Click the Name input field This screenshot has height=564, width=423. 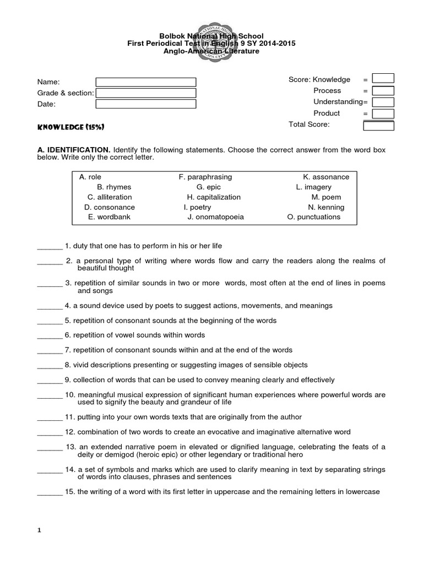coord(145,82)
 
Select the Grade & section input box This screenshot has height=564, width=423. coord(145,93)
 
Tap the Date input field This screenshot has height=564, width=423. coord(145,104)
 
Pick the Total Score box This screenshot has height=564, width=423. coord(378,126)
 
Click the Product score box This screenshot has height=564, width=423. coord(383,113)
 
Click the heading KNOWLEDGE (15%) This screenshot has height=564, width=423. coord(71,127)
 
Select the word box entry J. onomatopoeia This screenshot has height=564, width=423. coord(215,217)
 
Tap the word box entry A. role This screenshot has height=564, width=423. coord(90,177)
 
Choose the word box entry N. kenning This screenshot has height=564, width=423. coord(326,207)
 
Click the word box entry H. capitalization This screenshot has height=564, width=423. coord(214,197)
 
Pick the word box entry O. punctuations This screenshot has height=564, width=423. coord(314,217)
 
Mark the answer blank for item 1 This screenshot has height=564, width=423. coord(50,246)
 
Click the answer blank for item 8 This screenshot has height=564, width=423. coord(50,365)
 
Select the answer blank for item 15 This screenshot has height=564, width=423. coord(50,492)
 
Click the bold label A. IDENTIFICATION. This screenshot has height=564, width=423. coord(74,150)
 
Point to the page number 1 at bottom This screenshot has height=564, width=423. coord(39,530)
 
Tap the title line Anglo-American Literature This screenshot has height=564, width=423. coord(211,51)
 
